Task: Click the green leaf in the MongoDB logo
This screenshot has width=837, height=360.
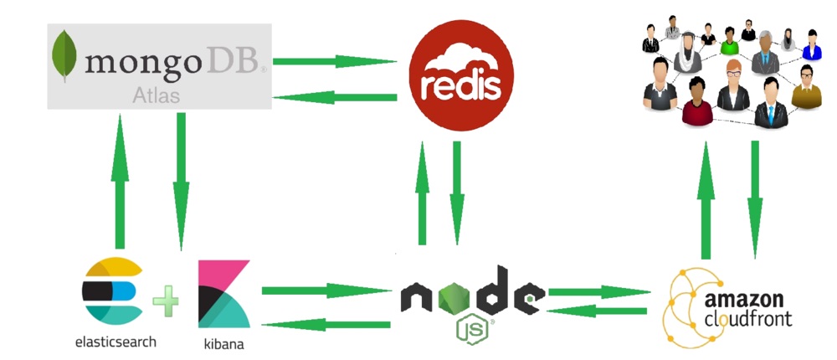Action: click(x=64, y=55)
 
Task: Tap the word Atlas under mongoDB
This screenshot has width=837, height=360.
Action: click(x=156, y=95)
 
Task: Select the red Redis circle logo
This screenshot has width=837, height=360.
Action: click(x=461, y=75)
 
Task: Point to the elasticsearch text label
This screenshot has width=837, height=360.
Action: click(x=116, y=342)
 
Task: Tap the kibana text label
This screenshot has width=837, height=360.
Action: click(x=223, y=343)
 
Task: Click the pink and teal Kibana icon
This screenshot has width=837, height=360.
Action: click(x=224, y=294)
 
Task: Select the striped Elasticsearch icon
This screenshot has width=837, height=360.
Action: click(x=113, y=291)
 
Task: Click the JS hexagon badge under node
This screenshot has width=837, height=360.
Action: click(x=472, y=330)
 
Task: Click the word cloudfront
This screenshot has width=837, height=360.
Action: click(x=748, y=319)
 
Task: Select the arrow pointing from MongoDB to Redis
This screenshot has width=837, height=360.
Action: click(x=335, y=61)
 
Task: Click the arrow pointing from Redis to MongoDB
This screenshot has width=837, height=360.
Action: click(x=335, y=97)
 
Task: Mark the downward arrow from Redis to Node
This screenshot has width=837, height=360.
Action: click(x=457, y=193)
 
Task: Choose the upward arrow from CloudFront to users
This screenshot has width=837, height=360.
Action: click(x=706, y=200)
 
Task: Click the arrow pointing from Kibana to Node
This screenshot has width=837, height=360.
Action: click(x=326, y=291)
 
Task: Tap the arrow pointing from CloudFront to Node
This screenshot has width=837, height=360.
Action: click(x=598, y=311)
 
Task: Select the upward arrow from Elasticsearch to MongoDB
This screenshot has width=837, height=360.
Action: click(x=120, y=182)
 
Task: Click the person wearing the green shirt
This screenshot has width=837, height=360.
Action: click(x=729, y=42)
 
